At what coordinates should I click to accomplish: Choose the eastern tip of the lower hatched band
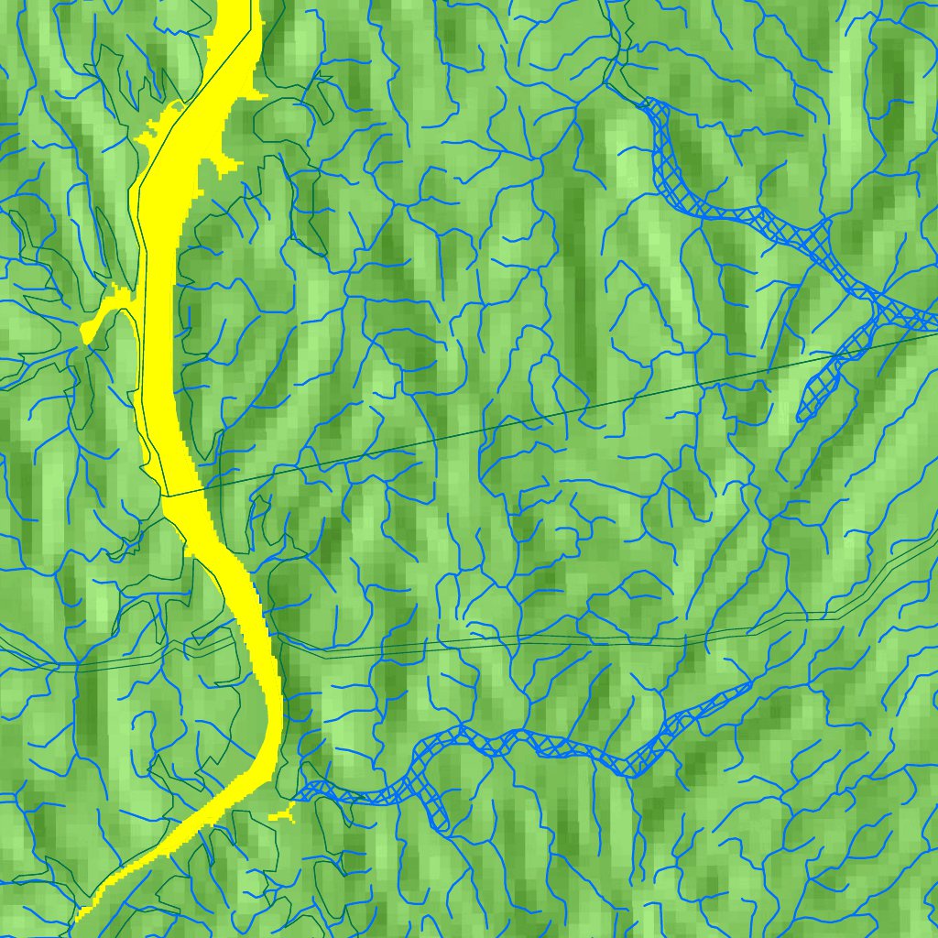click(749, 683)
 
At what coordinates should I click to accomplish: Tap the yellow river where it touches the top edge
click(236, 4)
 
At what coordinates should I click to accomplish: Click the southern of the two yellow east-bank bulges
click(227, 165)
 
